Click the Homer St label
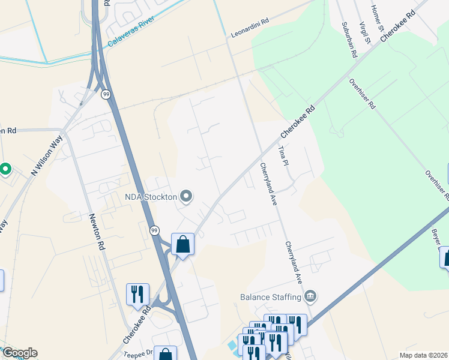pyautogui.click(x=377, y=19)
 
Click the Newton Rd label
pyautogui.click(x=97, y=232)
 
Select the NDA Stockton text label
pyautogui.click(x=150, y=197)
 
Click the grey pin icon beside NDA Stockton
pyautogui.click(x=186, y=196)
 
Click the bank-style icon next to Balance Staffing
pyautogui.click(x=310, y=295)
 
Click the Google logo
pyautogui.click(x=20, y=353)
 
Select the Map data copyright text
pyautogui.click(x=424, y=355)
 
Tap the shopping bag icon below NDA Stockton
pyautogui.click(x=182, y=244)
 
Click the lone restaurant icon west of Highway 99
pyautogui.click(x=137, y=294)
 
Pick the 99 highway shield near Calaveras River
pyautogui.click(x=106, y=94)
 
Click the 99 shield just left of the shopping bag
pyautogui.click(x=154, y=230)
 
